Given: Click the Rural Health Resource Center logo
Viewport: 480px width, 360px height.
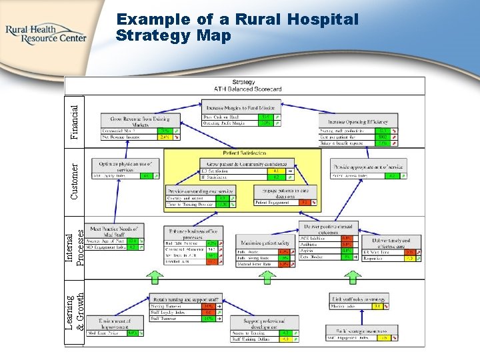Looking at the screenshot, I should [45, 33].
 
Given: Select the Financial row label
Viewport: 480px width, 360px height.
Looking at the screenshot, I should [78, 121].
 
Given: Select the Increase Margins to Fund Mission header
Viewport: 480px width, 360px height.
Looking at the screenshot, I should [241, 107].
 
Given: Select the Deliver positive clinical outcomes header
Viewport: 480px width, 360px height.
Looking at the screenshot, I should [329, 229].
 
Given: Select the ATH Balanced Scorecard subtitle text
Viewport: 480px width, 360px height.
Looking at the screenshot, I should [248, 88].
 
